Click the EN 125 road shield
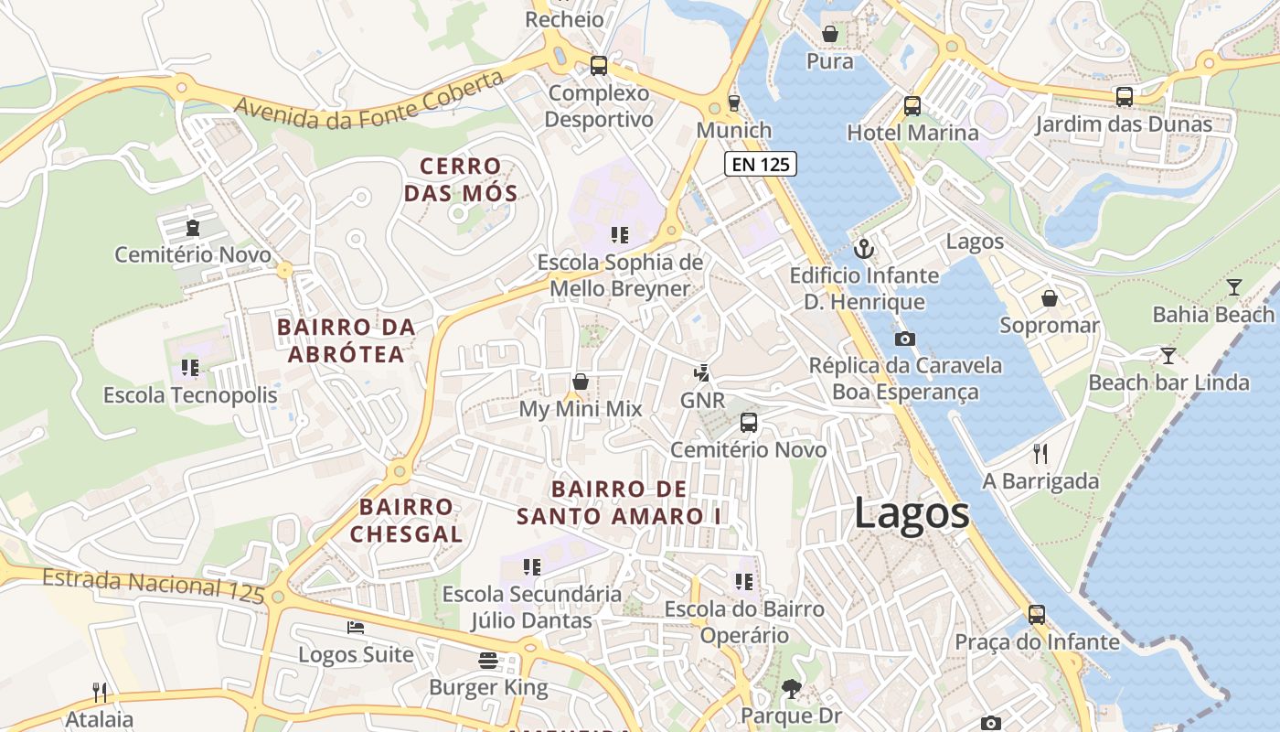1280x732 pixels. [761, 165]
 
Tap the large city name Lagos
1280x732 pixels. [912, 513]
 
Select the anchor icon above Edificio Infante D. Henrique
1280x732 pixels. [864, 248]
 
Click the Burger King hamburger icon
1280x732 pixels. [488, 661]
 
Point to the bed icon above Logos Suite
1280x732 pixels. [356, 628]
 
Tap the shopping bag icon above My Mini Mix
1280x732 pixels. [580, 382]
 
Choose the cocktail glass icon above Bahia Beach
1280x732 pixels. [1234, 287]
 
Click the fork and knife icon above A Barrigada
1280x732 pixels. [1040, 453]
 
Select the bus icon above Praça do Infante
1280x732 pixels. [1036, 615]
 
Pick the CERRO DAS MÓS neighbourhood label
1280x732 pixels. [461, 180]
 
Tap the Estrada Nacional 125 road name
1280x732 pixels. [153, 586]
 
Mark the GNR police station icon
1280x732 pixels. [701, 373]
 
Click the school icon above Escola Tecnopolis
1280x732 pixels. [189, 368]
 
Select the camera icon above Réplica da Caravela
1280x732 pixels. [904, 339]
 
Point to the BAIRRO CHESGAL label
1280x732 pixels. [406, 521]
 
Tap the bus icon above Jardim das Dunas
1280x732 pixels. [1124, 97]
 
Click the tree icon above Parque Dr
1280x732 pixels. [791, 688]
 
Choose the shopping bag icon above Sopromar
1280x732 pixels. [1050, 298]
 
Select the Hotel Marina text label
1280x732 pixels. [912, 133]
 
